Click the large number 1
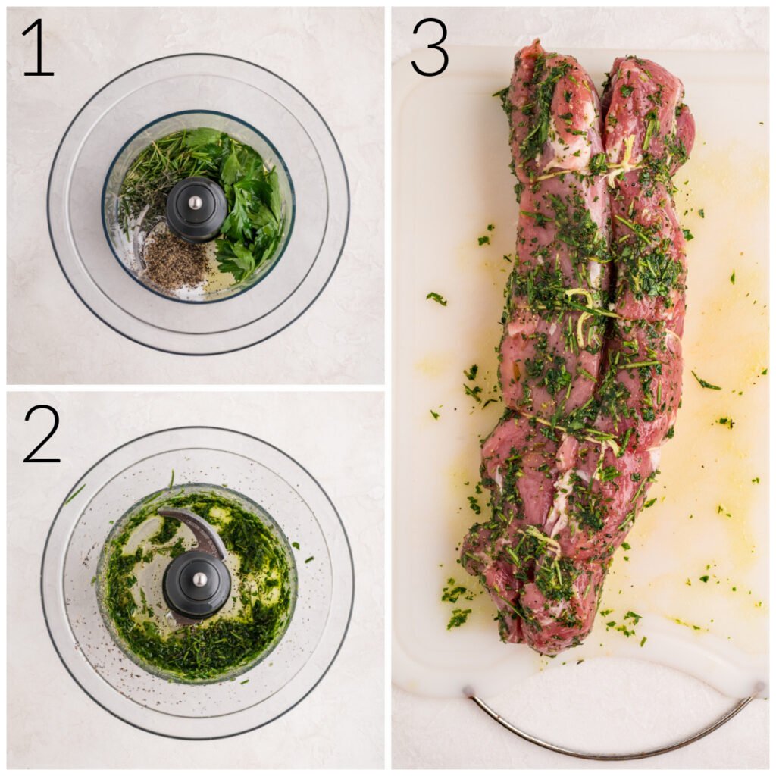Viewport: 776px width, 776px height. (38, 47)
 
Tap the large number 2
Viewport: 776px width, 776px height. (42, 433)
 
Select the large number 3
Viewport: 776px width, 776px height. (430, 47)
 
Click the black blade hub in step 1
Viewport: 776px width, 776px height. (196, 210)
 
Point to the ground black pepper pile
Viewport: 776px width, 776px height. (176, 261)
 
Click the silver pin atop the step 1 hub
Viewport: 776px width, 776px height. (196, 202)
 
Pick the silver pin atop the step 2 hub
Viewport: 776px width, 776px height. (199, 579)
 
